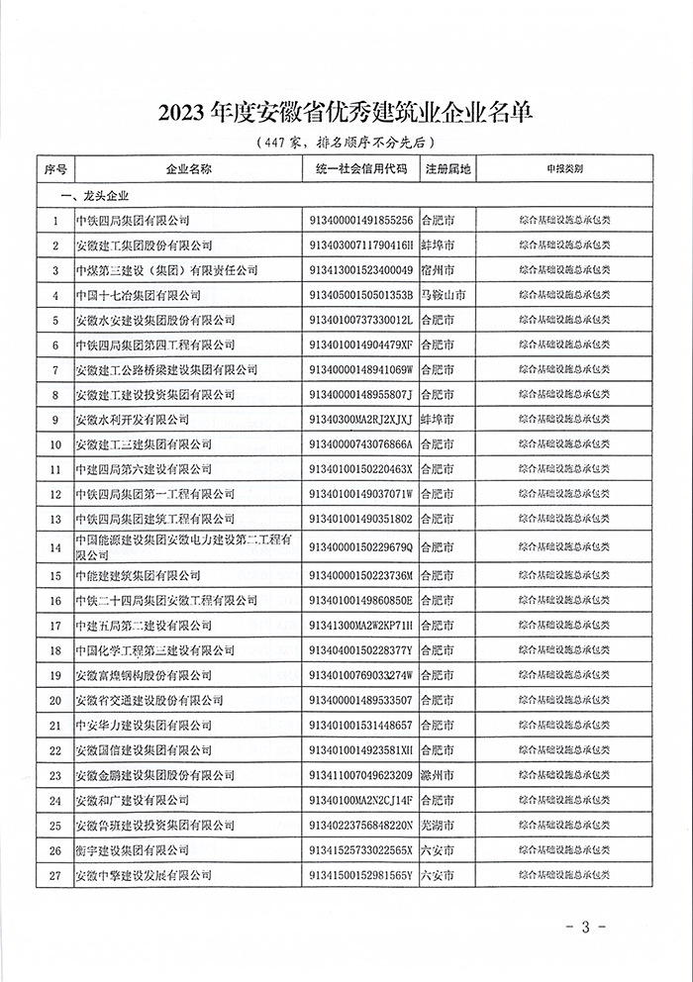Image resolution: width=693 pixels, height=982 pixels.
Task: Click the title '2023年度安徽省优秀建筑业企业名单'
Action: pyautogui.click(x=346, y=112)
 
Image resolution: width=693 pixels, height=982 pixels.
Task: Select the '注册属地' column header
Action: pyautogui.click(x=448, y=169)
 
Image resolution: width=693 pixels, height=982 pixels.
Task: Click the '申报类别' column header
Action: pyautogui.click(x=564, y=169)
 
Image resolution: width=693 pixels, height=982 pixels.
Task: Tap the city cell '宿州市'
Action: pyautogui.click(x=438, y=270)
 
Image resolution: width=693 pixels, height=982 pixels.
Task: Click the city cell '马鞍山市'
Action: pyautogui.click(x=444, y=295)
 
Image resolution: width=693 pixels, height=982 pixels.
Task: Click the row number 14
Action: pyautogui.click(x=55, y=547)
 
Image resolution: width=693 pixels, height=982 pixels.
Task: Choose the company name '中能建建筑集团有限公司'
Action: pyautogui.click(x=138, y=575)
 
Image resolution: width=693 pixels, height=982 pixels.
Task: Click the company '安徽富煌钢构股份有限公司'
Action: pyautogui.click(x=144, y=676)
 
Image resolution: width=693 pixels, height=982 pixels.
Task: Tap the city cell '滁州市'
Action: pyautogui.click(x=438, y=775)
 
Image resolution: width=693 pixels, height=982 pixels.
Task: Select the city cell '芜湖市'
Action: pyautogui.click(x=438, y=826)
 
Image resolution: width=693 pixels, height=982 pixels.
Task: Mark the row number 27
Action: pyautogui.click(x=55, y=876)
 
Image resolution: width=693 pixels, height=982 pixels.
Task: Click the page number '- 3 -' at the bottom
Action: pyautogui.click(x=584, y=928)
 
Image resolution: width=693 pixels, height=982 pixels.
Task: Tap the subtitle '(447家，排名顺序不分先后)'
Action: pyautogui.click(x=346, y=143)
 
